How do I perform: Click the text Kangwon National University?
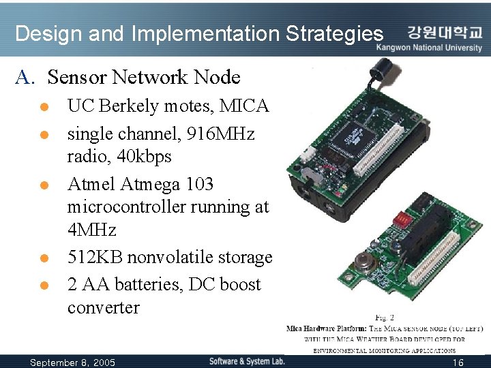coord(434,48)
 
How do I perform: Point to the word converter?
coord(104,307)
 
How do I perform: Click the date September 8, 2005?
coord(73,361)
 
